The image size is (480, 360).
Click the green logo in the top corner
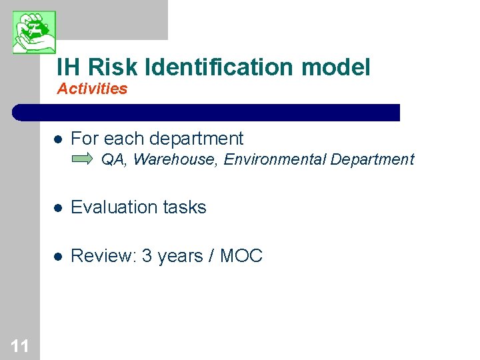click(34, 31)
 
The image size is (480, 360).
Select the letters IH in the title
click(69, 67)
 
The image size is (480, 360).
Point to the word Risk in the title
click(113, 67)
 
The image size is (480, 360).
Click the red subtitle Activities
click(92, 89)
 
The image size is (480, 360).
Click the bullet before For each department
click(58, 139)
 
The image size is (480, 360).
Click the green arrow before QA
click(83, 159)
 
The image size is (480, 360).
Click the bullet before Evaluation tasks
click(58, 208)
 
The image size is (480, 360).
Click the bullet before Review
click(58, 256)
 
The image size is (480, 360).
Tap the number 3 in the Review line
click(146, 255)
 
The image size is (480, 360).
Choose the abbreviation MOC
click(241, 255)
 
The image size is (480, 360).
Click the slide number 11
click(19, 345)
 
